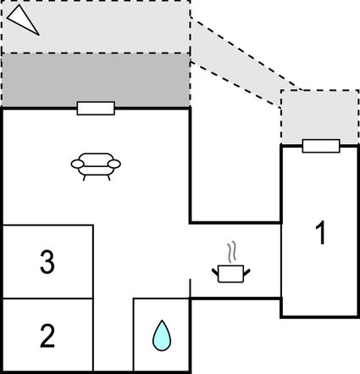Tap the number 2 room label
pos(47,337)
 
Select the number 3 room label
pos(47,263)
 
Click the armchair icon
pos(95,165)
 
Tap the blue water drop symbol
pos(160,335)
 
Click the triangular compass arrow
pos(25,18)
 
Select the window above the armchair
pos(96,108)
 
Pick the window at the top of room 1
pos(321,146)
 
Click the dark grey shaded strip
pos(95,81)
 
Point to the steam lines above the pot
pos(231,253)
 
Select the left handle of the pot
pos(215,271)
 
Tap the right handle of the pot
pos(247,271)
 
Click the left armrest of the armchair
pos(75,164)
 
